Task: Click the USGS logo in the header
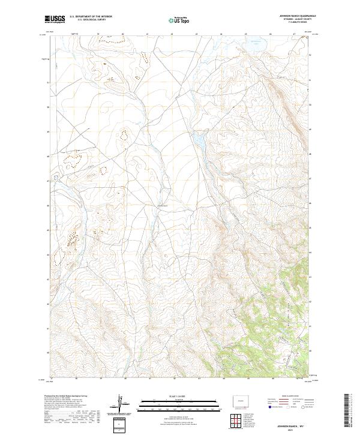55,19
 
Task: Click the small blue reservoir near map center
197,139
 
